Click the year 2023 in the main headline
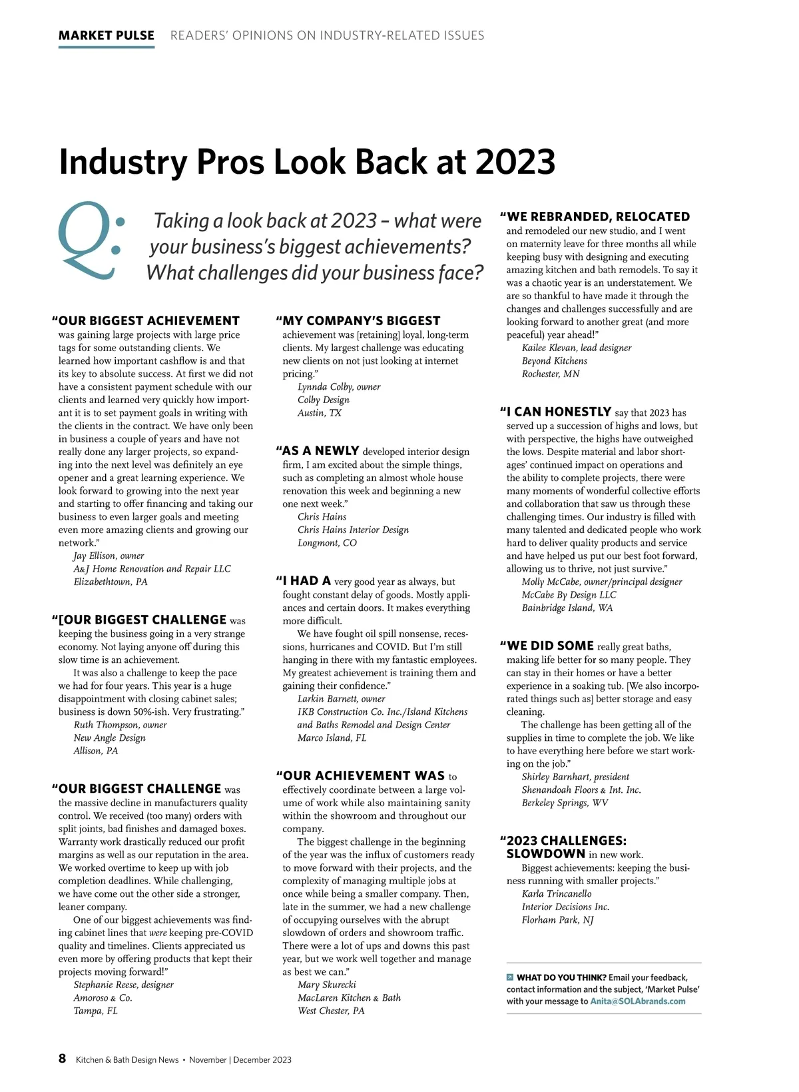[515, 162]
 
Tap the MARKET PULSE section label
[107, 35]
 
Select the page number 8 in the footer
[63, 1059]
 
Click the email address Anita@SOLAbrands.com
[637, 1001]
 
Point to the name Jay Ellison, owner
[109, 556]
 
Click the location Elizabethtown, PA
[111, 582]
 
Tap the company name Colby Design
[323, 400]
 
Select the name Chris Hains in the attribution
[322, 516]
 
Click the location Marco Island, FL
[332, 738]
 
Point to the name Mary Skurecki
[326, 985]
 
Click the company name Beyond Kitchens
[554, 360]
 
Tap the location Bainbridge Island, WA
[567, 608]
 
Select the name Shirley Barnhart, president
[575, 777]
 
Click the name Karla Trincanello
[556, 893]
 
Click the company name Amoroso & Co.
[103, 997]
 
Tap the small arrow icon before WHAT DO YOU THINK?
[510, 977]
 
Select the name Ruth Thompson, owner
[120, 725]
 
